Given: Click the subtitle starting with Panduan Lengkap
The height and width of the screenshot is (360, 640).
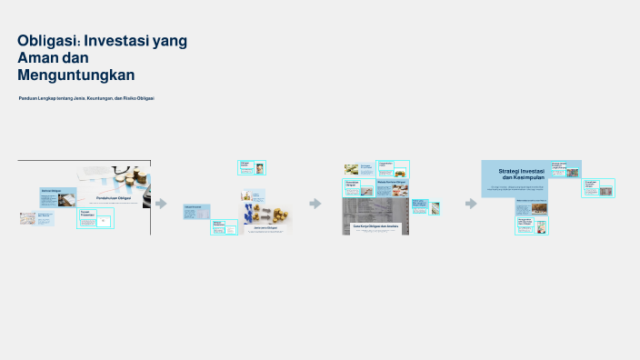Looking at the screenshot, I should point(86,97).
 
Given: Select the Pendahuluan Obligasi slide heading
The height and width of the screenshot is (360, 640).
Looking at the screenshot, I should point(113,197).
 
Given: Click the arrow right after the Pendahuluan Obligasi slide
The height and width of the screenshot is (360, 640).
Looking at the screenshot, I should point(162,204).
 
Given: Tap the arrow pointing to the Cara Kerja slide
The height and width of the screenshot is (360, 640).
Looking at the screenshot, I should point(315,204).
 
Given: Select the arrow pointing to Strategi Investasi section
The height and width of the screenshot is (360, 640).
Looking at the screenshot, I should point(471,204).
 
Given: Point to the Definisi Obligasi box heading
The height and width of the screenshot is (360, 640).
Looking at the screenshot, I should point(50,190).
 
